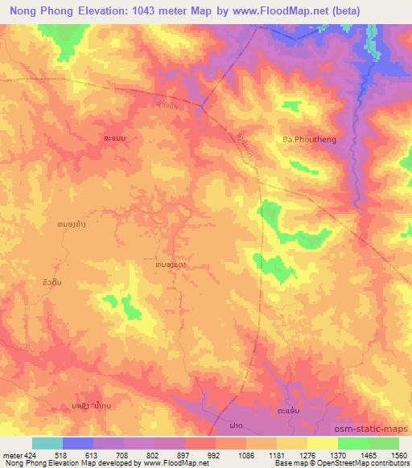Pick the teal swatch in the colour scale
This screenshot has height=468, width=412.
(47, 443)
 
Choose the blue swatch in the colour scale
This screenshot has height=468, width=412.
(78, 443)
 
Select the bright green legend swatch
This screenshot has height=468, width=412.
(352, 443)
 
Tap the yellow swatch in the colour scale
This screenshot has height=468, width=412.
(322, 443)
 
